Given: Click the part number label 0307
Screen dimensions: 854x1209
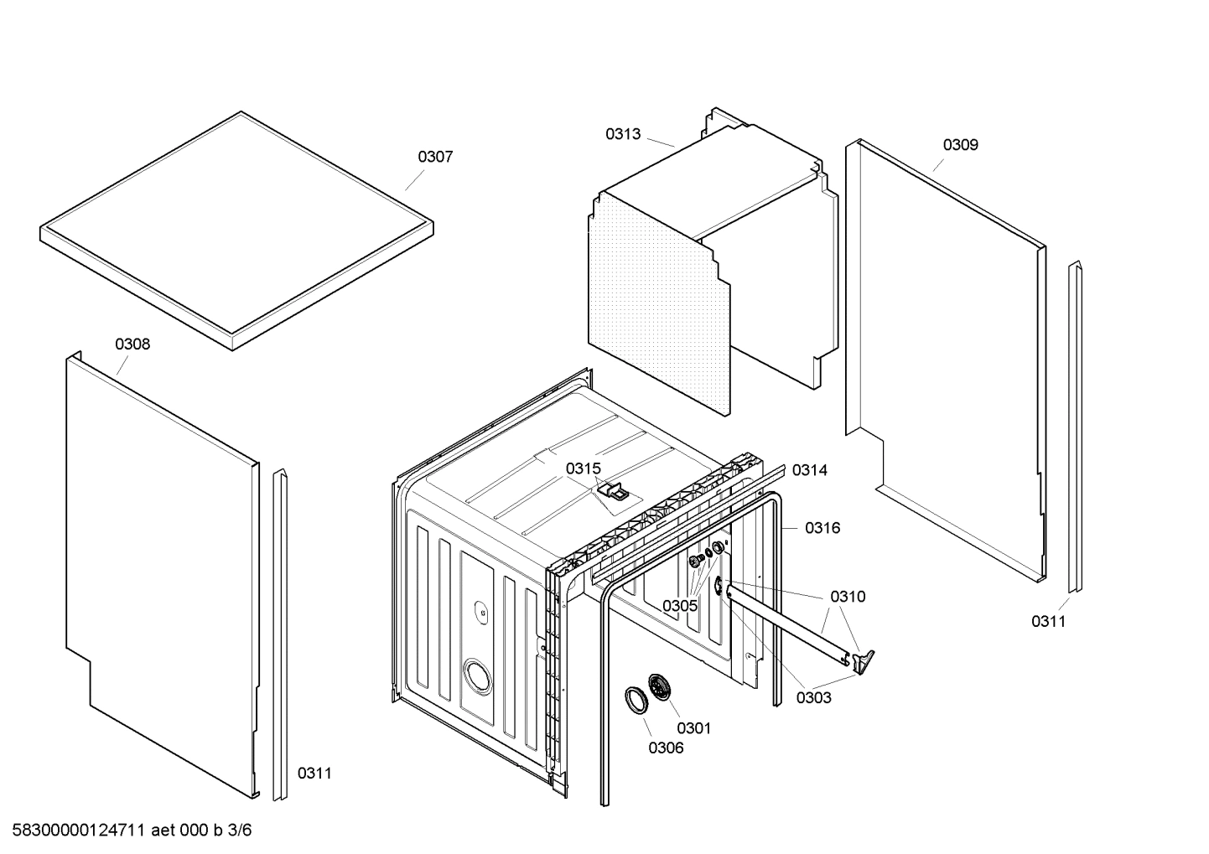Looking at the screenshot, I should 435,157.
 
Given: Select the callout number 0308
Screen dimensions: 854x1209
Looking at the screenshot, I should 132,344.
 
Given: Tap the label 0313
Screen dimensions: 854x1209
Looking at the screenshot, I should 623,134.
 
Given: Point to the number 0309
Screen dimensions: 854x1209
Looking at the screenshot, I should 960,145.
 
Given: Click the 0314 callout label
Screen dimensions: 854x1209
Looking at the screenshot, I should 810,470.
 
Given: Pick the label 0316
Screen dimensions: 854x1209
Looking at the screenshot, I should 822,528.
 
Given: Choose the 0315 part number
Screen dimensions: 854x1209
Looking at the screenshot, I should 583,469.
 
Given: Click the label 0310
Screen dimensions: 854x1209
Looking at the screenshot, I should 848,597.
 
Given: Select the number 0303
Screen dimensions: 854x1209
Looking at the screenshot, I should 814,697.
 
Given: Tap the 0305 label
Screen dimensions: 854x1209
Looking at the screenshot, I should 680,605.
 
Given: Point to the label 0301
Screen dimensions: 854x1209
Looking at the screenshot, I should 693,728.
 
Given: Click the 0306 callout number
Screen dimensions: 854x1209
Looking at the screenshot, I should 666,748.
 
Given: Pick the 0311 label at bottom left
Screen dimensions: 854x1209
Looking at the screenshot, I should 314,773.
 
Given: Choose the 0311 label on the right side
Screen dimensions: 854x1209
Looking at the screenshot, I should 1048,621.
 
